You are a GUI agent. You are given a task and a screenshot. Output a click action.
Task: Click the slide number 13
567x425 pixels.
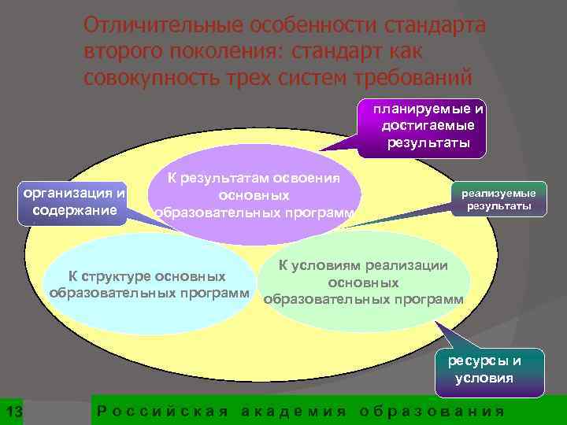tap(13, 413)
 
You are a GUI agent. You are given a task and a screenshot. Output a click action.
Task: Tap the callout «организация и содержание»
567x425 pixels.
tap(76, 201)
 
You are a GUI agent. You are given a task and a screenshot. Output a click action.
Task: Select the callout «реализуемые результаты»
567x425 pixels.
tap(498, 199)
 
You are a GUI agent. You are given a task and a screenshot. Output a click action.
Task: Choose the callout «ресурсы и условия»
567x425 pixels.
tap(496, 369)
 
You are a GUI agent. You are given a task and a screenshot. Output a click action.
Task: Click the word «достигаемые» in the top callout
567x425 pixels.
tap(428, 126)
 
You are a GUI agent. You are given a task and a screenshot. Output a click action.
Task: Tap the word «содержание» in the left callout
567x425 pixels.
tap(76, 211)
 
